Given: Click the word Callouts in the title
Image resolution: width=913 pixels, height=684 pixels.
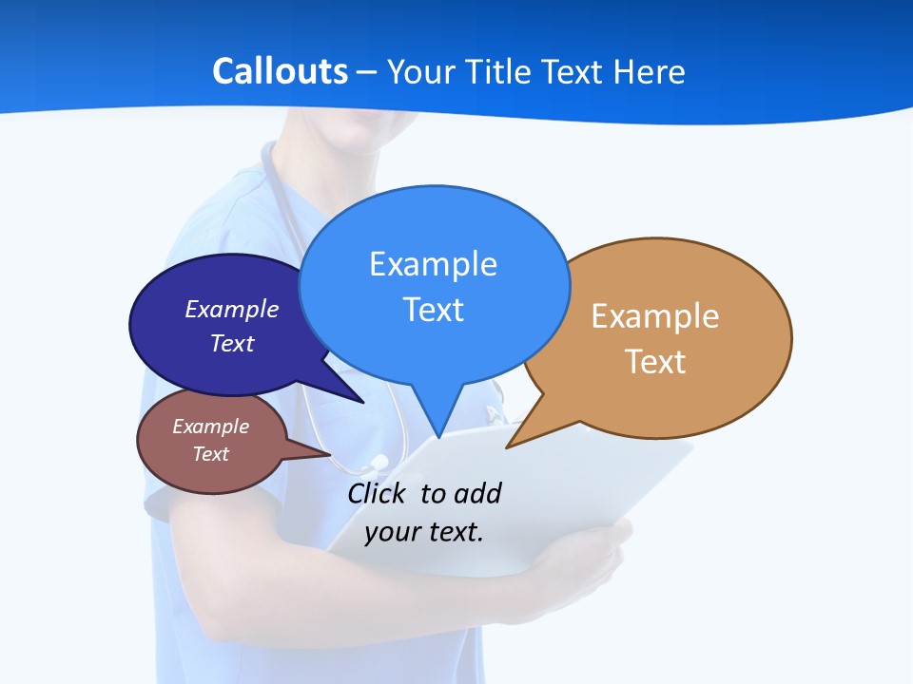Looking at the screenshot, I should click(x=280, y=71).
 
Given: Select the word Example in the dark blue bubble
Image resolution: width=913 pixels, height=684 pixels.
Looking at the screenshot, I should click(x=232, y=309).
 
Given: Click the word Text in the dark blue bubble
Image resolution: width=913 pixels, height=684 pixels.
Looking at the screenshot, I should click(x=232, y=343).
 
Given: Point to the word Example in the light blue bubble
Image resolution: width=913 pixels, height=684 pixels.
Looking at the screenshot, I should click(x=433, y=264).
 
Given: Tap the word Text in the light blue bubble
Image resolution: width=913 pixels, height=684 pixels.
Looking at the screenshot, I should click(x=433, y=310).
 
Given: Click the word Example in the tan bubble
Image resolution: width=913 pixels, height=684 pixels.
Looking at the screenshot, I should click(x=655, y=316).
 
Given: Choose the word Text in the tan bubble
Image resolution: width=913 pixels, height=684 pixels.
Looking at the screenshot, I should click(x=655, y=362).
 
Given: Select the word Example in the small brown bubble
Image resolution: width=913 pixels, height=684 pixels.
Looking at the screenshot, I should click(x=211, y=427).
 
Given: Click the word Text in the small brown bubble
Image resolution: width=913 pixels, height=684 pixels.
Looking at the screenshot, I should click(x=211, y=454).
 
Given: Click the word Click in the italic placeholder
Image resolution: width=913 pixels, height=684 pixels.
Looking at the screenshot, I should click(x=379, y=493).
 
